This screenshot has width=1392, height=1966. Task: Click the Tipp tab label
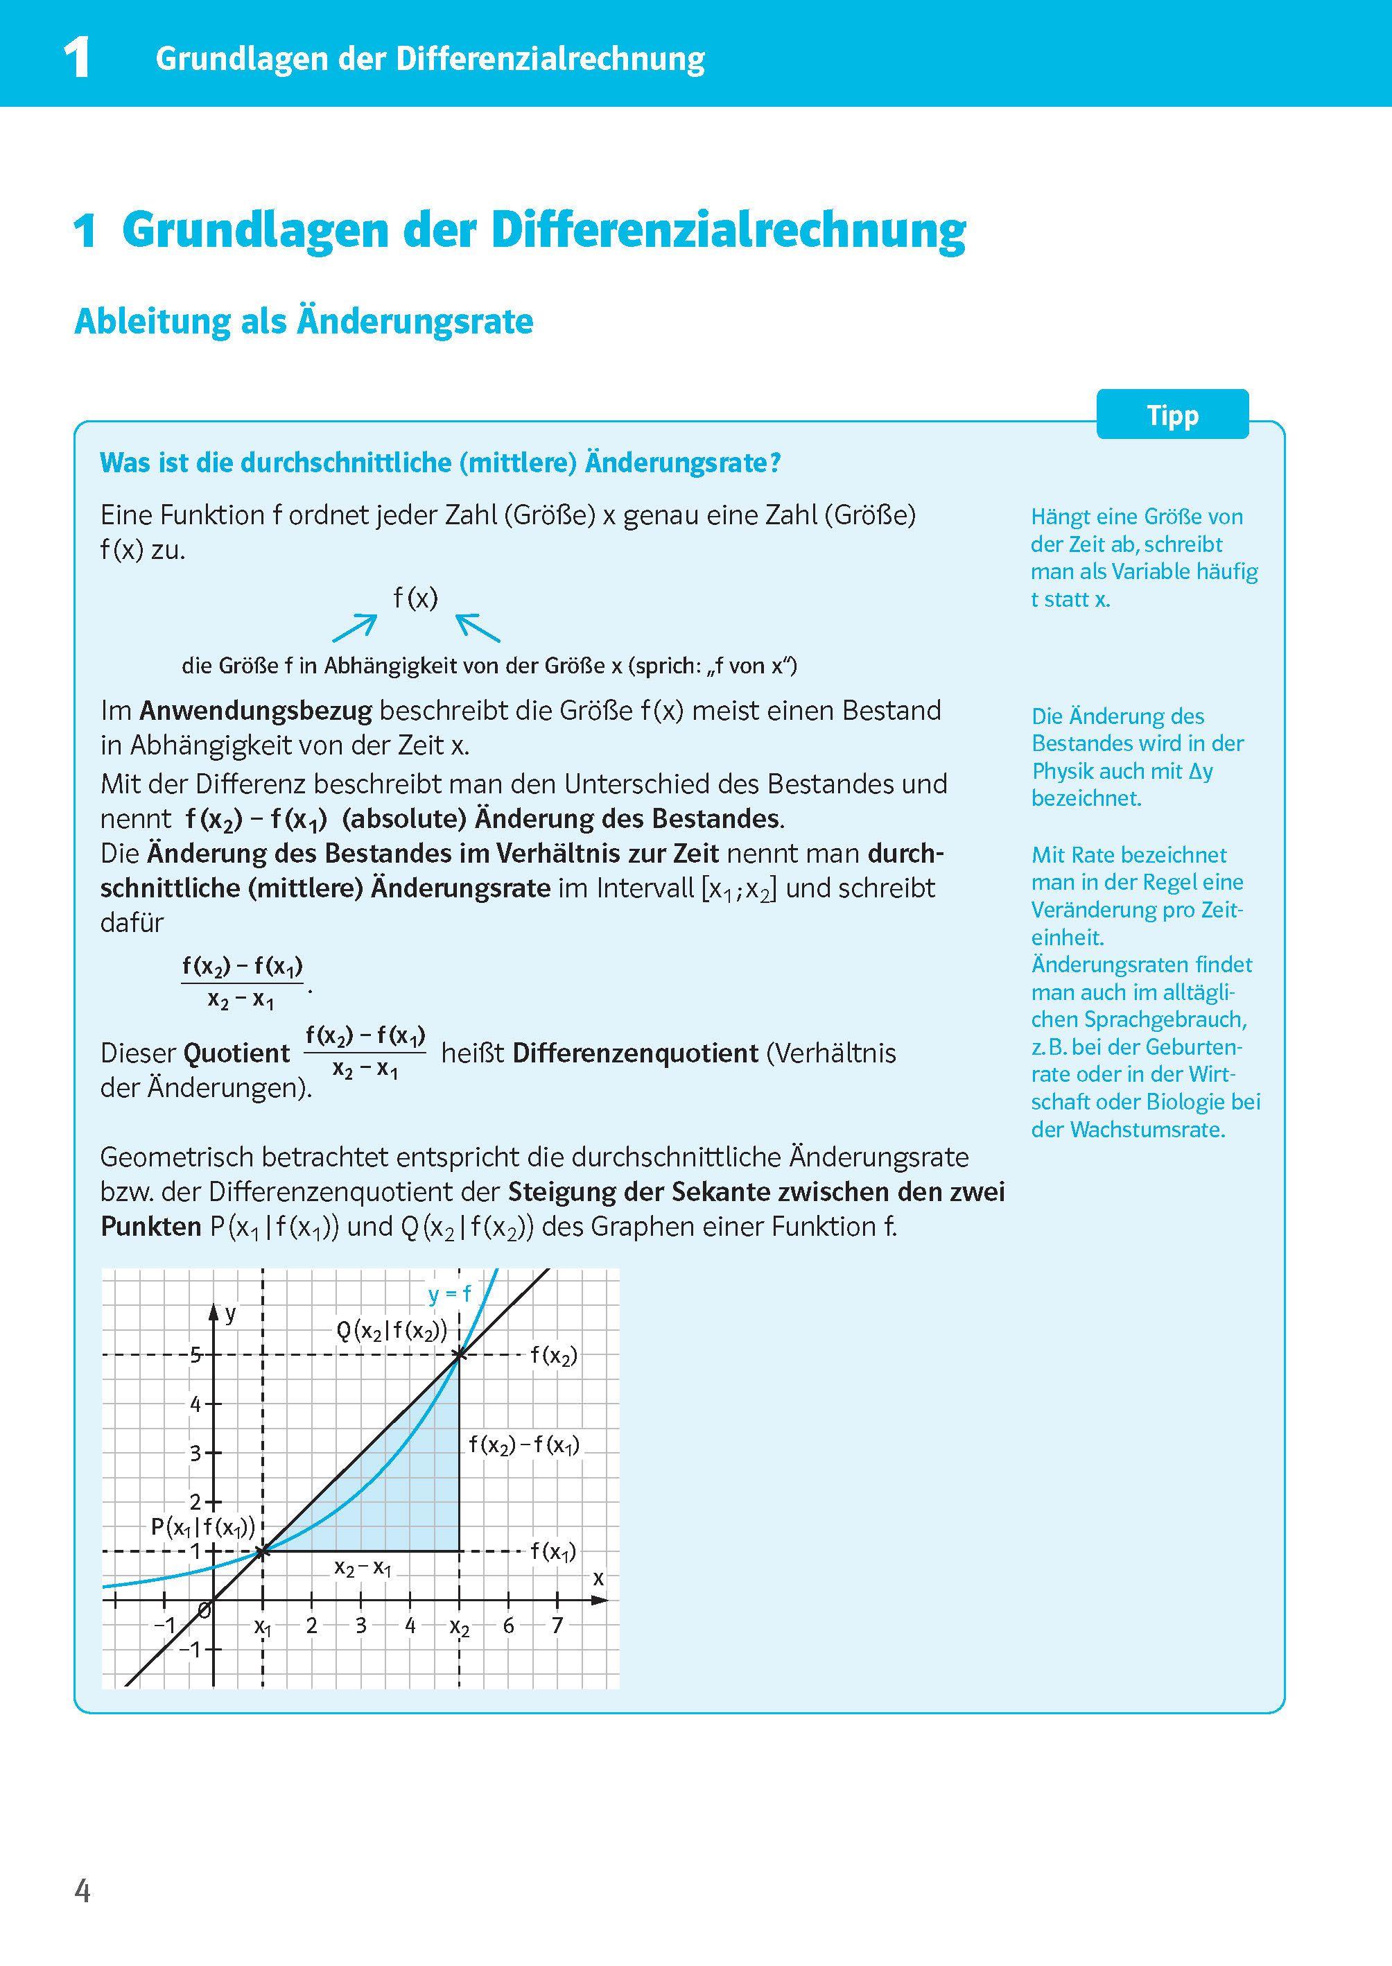[1172, 416]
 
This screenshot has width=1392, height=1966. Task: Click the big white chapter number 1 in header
[77, 58]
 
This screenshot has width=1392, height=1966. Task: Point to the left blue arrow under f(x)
[354, 628]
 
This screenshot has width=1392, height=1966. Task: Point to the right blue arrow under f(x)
[478, 628]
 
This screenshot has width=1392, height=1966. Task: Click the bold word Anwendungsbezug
[255, 710]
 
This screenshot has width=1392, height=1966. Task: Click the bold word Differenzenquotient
[635, 1052]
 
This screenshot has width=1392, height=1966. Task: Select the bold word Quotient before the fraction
[237, 1052]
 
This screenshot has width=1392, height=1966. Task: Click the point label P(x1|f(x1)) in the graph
[202, 1526]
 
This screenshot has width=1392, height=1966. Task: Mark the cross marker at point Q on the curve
[460, 1354]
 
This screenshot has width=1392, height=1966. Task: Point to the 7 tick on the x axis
[557, 1625]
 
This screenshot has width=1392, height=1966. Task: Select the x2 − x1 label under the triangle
[363, 1568]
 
